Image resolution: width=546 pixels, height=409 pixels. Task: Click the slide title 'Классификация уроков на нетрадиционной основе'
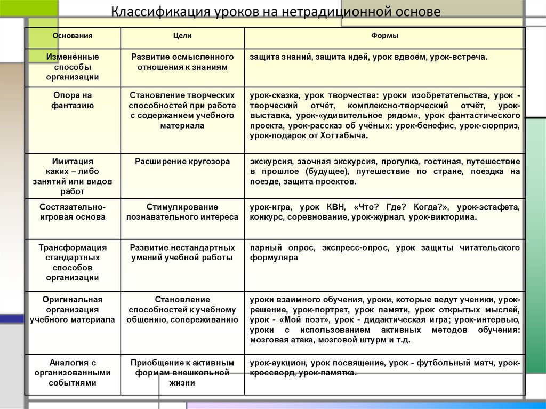point(276,12)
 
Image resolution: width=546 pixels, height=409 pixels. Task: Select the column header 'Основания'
point(73,36)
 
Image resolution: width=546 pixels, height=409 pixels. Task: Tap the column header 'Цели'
point(182,36)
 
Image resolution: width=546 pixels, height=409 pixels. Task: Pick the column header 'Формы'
point(384,36)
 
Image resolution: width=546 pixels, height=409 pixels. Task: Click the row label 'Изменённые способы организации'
point(73,67)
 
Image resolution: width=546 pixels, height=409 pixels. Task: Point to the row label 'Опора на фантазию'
point(73,100)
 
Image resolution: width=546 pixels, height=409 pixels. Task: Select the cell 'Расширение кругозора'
point(182,162)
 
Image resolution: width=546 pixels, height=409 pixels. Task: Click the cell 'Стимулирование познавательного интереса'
point(182,212)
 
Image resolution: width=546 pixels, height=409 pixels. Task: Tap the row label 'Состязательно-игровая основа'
point(73,212)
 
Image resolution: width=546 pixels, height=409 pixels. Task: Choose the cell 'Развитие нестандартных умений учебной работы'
point(182,253)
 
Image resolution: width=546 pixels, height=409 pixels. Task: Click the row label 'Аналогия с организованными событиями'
point(73,373)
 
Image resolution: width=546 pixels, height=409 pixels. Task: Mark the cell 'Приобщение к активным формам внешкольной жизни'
point(182,373)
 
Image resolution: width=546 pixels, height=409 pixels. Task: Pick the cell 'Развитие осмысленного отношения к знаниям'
point(182,62)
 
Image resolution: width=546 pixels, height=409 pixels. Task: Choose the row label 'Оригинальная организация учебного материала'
point(73,310)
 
